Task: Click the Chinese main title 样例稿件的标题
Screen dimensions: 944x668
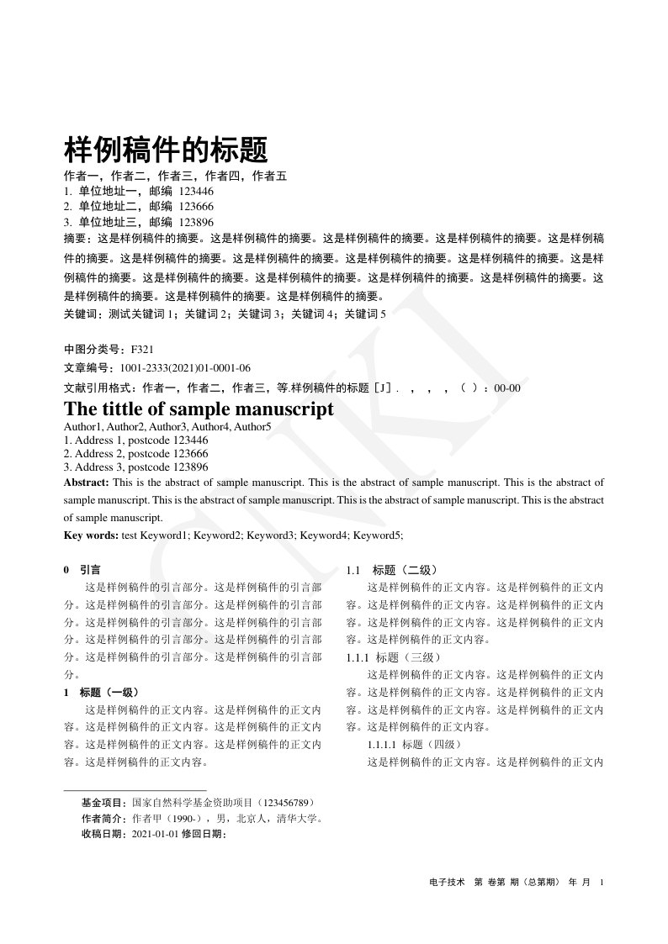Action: coord(166,150)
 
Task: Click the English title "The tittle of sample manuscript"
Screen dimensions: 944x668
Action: coord(199,409)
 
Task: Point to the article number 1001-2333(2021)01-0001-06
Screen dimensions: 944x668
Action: coord(185,368)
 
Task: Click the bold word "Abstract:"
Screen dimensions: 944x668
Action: coord(87,483)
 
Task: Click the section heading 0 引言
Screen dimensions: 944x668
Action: coord(83,569)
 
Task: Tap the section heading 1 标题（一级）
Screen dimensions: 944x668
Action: coord(102,693)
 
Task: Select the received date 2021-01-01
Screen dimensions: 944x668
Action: coord(156,833)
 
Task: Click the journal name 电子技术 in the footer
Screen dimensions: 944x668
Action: coord(447,882)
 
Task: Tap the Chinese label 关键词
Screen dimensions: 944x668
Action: coord(82,314)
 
